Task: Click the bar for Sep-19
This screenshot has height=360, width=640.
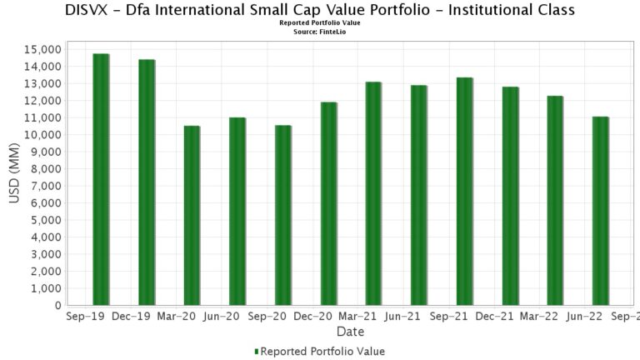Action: (101, 179)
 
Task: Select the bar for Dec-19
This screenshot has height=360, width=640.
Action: (147, 182)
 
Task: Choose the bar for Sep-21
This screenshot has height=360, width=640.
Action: (464, 191)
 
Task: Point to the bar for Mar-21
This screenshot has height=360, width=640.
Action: (373, 193)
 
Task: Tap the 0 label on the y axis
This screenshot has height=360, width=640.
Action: (57, 306)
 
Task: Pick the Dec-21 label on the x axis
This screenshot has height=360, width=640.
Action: (494, 317)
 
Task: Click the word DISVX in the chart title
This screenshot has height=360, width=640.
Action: (89, 10)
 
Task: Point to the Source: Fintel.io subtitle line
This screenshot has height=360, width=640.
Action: (320, 31)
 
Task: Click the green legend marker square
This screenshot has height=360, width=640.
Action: (257, 352)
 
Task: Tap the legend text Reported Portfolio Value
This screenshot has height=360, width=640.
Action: (322, 352)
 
